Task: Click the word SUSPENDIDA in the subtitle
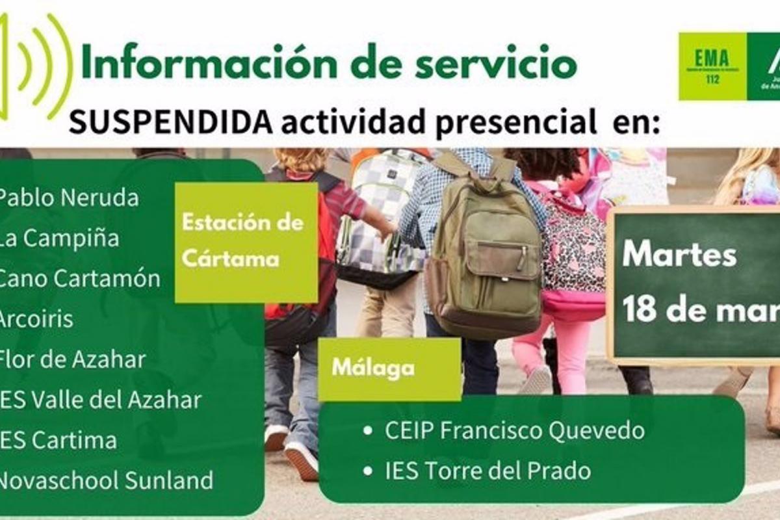[170, 122]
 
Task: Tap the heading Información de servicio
[329, 64]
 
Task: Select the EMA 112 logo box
[712, 66]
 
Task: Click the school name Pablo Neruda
[68, 198]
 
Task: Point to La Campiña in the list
[58, 239]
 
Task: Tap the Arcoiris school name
[36, 319]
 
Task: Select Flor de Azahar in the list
[71, 359]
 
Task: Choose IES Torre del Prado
[487, 471]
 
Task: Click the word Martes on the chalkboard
[679, 255]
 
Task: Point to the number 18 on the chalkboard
[641, 309]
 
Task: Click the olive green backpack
[484, 250]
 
